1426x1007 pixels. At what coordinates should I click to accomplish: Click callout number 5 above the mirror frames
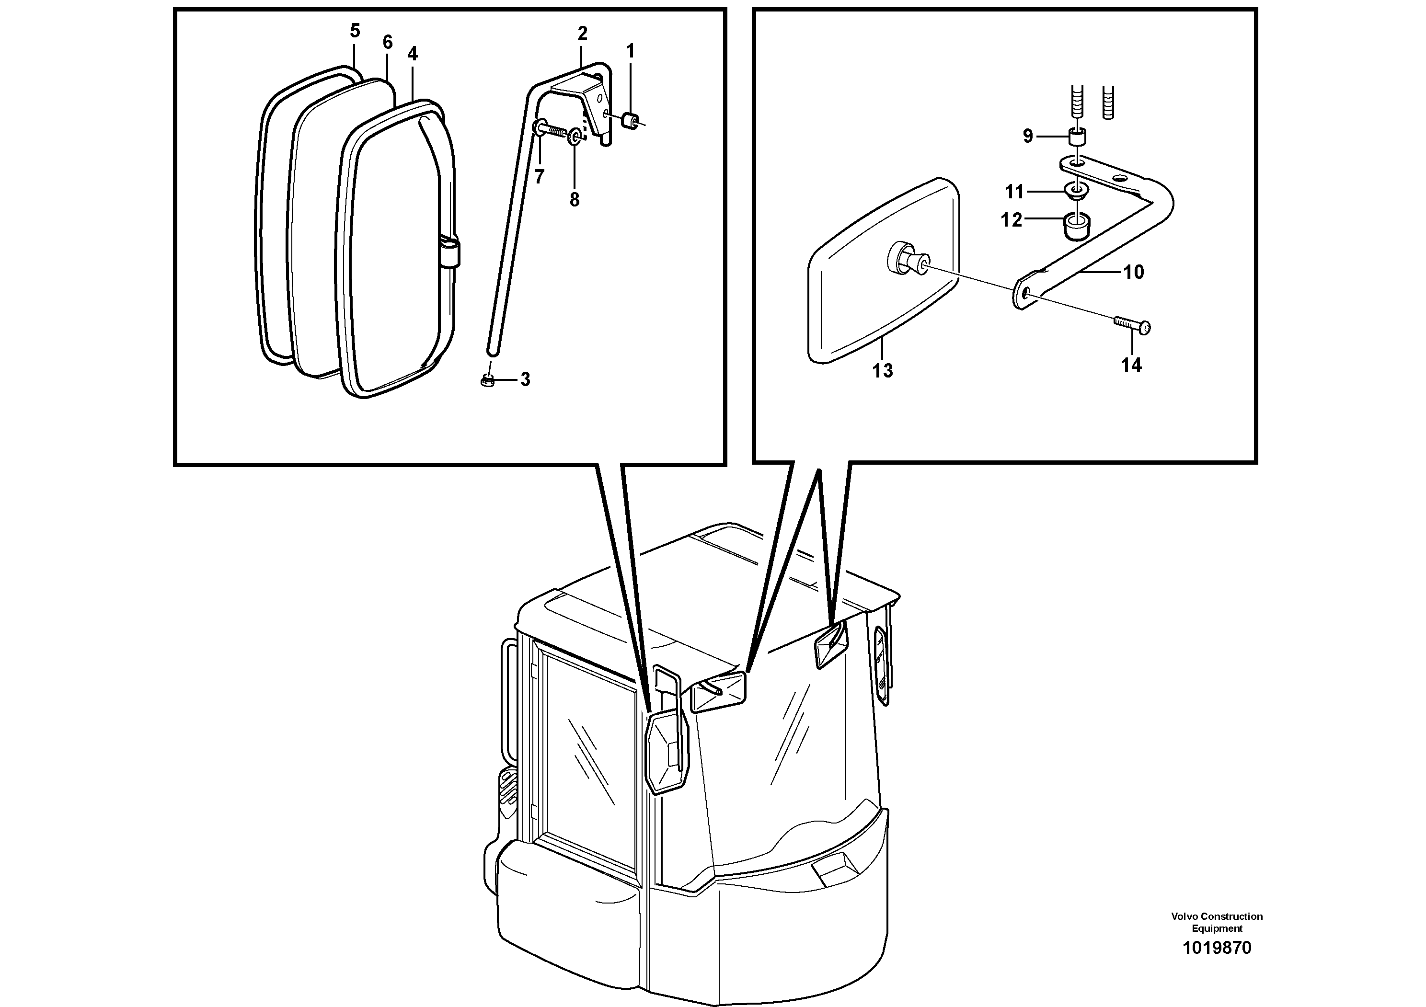pos(355,31)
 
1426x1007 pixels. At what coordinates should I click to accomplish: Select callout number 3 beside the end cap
pos(526,379)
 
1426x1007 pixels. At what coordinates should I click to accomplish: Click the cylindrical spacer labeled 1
pos(630,119)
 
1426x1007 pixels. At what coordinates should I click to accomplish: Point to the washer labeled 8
pos(575,136)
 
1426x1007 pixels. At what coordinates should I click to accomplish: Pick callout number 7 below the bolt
pos(539,177)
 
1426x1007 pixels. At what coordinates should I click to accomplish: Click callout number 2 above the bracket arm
pos(582,34)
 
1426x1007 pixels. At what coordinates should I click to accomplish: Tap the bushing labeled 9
pos(1078,136)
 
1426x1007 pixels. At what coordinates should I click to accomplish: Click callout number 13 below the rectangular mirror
pos(882,371)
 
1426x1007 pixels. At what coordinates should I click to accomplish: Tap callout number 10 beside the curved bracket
pos(1134,272)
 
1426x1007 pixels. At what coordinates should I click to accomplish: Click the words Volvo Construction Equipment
pos(1217,922)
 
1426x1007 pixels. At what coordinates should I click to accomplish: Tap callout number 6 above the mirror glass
pos(388,42)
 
